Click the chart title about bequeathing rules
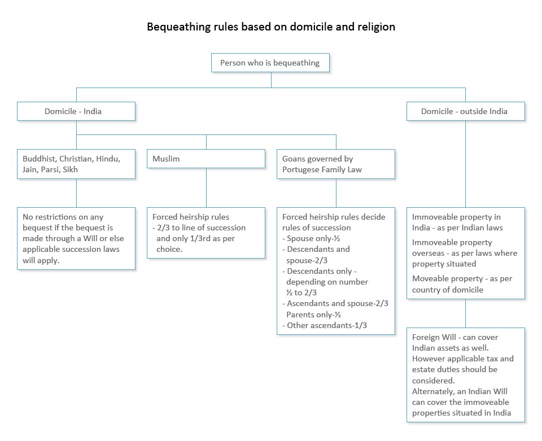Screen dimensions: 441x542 click(271, 27)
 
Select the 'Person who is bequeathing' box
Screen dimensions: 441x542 click(270, 63)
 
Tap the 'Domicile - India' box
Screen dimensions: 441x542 click(76, 111)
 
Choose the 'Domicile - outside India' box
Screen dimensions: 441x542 click(465, 111)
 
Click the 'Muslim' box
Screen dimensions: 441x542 click(206, 159)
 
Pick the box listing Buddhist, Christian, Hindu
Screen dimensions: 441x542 click(76, 164)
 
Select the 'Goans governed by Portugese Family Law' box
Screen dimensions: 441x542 click(335, 164)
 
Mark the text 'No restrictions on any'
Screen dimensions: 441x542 click(63, 217)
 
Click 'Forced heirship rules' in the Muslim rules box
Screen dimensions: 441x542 click(191, 217)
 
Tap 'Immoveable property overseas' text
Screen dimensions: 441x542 click(452, 248)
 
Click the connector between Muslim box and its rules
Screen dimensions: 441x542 click(206, 187)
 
